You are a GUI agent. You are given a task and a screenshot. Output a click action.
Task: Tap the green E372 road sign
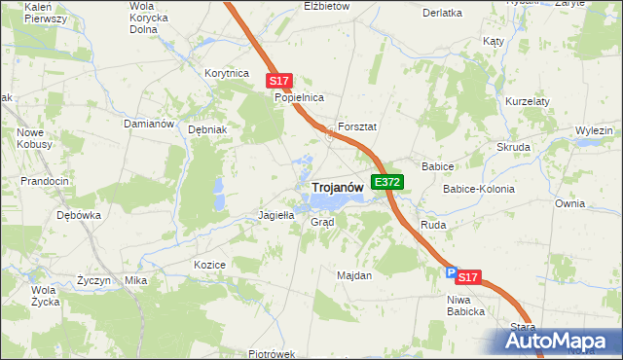387,182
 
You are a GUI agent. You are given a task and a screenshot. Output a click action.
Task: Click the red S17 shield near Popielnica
279,82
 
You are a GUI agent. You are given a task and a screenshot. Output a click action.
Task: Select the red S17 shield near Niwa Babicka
468,277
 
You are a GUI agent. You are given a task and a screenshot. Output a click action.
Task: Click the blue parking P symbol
450,275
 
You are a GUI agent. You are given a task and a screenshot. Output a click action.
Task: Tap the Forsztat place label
356,127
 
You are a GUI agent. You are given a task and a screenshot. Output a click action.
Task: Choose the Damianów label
148,125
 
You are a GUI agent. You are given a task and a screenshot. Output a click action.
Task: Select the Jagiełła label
275,215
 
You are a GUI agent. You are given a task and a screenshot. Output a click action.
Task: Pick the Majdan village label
354,275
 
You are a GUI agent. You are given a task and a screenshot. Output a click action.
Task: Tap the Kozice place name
209,265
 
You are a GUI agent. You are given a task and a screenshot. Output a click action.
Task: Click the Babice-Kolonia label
478,189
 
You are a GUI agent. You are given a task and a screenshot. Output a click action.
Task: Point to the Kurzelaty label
528,101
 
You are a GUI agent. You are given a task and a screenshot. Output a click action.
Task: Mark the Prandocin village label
45,181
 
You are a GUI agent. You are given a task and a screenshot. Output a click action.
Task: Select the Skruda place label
513,147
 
